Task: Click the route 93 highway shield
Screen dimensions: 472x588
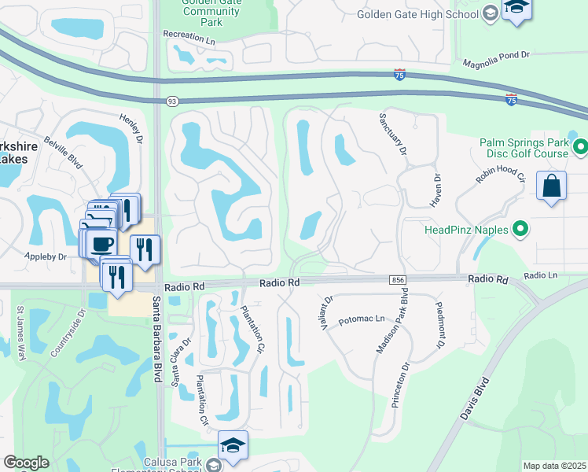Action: click(171, 101)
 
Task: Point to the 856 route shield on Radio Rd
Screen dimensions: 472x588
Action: click(396, 279)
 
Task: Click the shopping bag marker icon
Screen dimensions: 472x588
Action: click(552, 186)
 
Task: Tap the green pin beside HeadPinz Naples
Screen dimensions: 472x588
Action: click(520, 229)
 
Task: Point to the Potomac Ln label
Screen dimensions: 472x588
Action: click(362, 319)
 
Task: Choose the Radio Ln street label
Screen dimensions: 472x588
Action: click(540, 275)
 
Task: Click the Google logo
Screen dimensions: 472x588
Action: click(26, 463)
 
